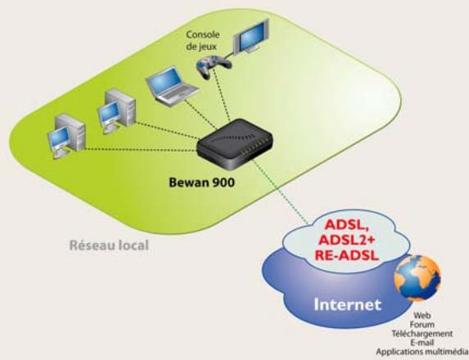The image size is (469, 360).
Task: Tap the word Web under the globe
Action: coord(423,314)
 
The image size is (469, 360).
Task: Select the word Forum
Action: coord(423,323)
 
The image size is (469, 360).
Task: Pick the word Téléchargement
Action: coord(423,333)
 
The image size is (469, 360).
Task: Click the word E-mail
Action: coord(423,342)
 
